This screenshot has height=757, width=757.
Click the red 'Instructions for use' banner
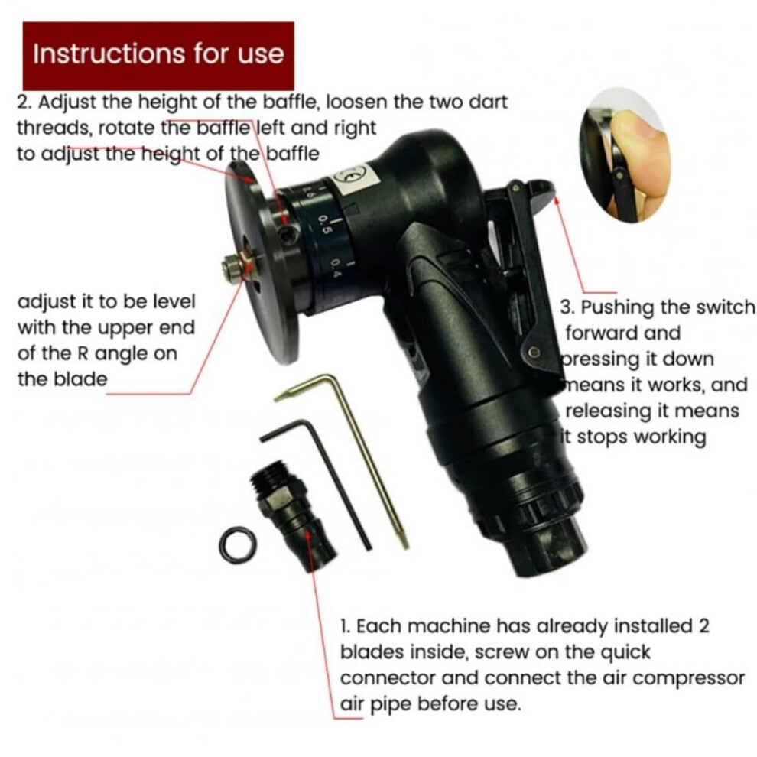pyautogui.click(x=158, y=56)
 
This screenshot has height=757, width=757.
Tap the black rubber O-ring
pyautogui.click(x=238, y=545)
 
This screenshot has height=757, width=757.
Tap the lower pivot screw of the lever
pyautogui.click(x=534, y=352)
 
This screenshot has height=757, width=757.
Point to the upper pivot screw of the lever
pyautogui.click(x=516, y=187)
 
